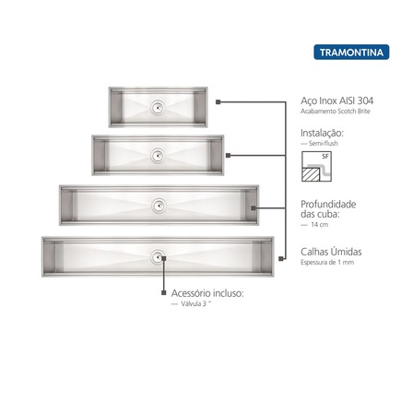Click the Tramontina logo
click(351, 53)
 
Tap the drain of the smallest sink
click(158, 108)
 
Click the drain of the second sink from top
click(158, 156)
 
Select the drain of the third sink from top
click(159, 206)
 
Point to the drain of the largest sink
click(158, 257)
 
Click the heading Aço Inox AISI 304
click(337, 100)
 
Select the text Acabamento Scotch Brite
click(336, 112)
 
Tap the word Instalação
click(322, 134)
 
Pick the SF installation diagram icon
click(316, 166)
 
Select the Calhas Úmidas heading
click(331, 252)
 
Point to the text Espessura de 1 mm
click(327, 263)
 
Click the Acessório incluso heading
click(207, 293)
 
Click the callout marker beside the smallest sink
click(218, 102)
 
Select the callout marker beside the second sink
click(228, 156)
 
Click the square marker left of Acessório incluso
click(164, 293)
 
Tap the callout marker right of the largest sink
click(280, 259)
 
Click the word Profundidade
click(328, 205)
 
